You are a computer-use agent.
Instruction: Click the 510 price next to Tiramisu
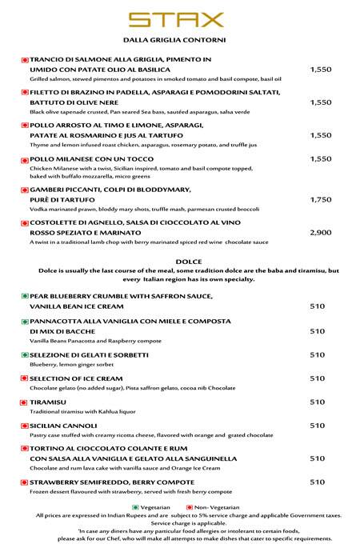317,402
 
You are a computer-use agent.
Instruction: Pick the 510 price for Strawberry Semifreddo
317,482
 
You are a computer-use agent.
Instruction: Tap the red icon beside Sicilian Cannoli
25,426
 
